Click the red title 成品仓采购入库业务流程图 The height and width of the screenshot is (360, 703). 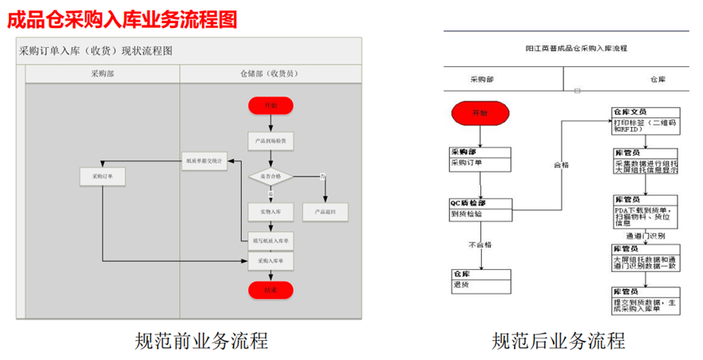(122, 18)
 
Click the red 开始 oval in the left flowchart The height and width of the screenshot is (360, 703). (271, 105)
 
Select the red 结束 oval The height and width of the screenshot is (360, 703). (271, 290)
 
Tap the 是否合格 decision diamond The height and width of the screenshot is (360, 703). (271, 176)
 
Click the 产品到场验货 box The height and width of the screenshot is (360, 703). (271, 141)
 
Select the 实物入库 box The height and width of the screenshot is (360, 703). (271, 212)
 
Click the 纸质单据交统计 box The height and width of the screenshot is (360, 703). (204, 161)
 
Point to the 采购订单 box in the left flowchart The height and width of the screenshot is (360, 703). (103, 176)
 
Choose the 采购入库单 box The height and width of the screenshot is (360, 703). (271, 260)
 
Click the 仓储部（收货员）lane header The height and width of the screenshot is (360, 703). (271, 73)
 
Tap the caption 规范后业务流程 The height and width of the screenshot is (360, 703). (558, 341)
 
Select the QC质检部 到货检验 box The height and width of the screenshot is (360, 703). (480, 208)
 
